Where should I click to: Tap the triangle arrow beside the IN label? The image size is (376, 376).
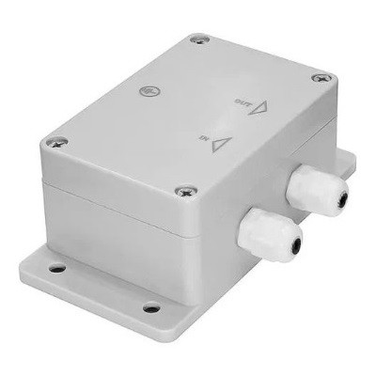pos(222,143)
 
